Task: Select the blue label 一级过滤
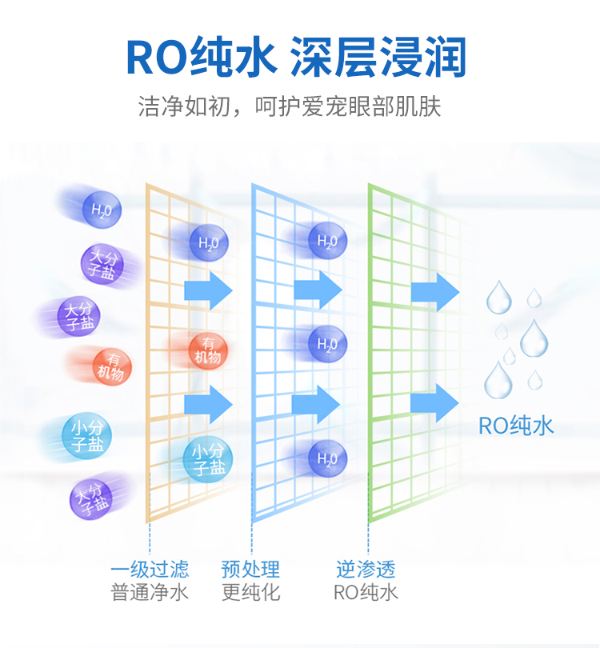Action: [x=150, y=570]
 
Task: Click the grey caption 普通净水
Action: [x=150, y=593]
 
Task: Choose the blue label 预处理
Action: [x=250, y=570]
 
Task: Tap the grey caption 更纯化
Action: [x=250, y=593]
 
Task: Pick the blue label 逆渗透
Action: [x=366, y=570]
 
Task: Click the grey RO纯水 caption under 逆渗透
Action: [x=366, y=593]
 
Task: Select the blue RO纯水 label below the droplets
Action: [x=516, y=426]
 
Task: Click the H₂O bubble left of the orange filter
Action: [x=102, y=210]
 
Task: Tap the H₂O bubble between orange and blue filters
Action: [x=209, y=242]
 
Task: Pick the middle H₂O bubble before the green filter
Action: [x=327, y=345]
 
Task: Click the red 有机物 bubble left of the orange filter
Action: [x=111, y=365]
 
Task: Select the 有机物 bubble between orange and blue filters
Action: [x=208, y=350]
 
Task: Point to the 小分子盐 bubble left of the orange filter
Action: [x=86, y=435]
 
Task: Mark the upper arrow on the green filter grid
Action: [x=435, y=292]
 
